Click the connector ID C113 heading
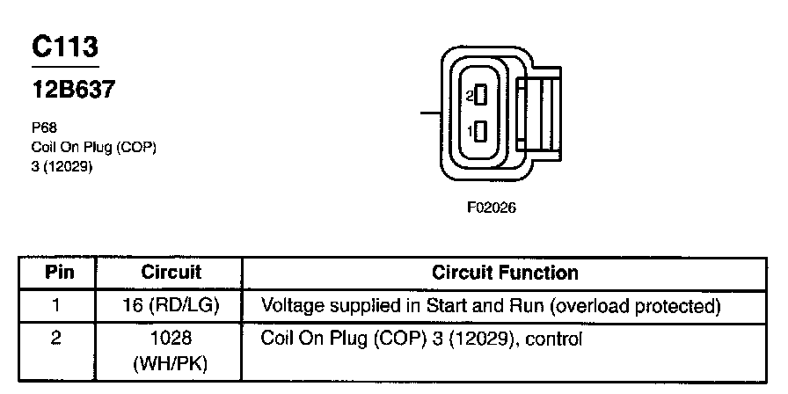[65, 47]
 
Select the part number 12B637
[74, 90]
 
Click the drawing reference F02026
[492, 209]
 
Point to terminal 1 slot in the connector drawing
[480, 131]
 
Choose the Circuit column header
[171, 273]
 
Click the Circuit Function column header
[506, 273]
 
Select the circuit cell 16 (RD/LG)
[171, 306]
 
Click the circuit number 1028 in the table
[171, 338]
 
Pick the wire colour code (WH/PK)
[171, 361]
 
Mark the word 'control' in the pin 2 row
[555, 338]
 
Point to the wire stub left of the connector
[430, 113]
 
